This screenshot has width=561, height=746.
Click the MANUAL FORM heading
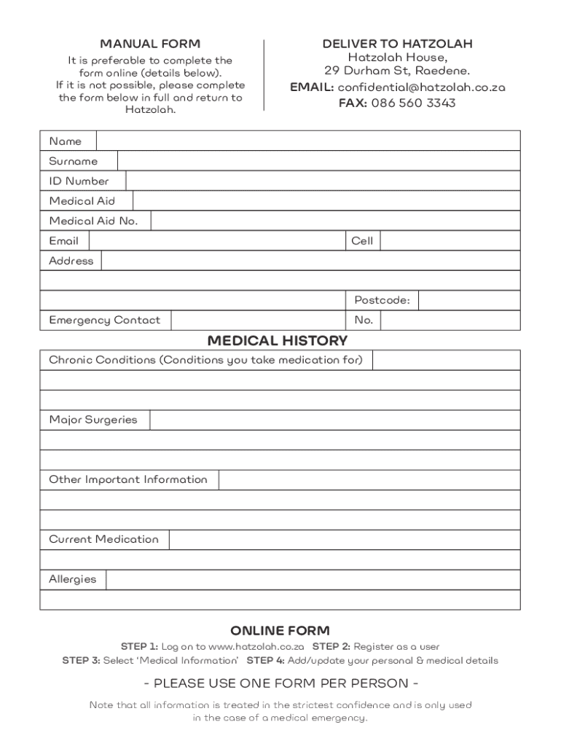click(x=150, y=44)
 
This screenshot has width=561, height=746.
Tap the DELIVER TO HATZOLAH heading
click(x=397, y=44)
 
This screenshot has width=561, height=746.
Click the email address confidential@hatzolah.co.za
click(x=421, y=87)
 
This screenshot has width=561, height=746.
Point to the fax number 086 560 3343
click(x=413, y=103)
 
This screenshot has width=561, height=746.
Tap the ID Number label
click(x=79, y=181)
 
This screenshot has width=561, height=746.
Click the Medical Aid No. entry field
click(x=335, y=221)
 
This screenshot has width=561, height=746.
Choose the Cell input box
click(x=450, y=241)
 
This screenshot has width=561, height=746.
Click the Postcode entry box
click(x=469, y=300)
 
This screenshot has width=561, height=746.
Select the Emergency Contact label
click(x=104, y=321)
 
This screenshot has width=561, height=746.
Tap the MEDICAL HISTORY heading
click(x=278, y=341)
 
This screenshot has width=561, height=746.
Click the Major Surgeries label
click(x=93, y=420)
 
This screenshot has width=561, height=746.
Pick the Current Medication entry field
click(x=344, y=540)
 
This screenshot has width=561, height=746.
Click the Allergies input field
click(x=313, y=580)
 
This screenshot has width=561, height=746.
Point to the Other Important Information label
click(x=127, y=479)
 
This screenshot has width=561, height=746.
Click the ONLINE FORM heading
click(x=280, y=630)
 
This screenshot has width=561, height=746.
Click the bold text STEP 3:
click(x=80, y=661)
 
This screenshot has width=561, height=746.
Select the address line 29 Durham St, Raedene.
click(x=397, y=71)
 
